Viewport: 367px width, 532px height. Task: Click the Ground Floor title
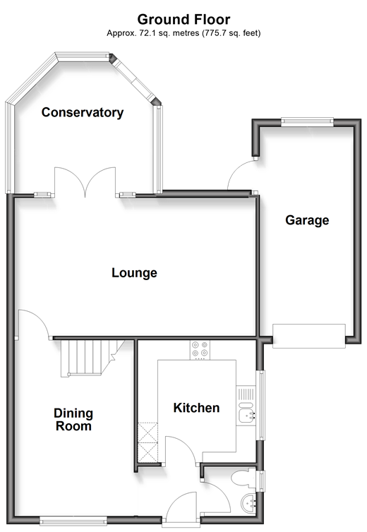183,20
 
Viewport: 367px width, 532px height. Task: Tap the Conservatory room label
83,112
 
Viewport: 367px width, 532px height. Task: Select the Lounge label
134,273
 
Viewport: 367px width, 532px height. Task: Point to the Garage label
307,220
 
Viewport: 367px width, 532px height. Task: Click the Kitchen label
197,408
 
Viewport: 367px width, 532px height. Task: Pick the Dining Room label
73,420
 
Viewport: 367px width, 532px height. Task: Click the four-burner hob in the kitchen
200,350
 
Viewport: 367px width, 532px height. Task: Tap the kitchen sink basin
246,415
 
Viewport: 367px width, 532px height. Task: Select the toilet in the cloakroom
243,478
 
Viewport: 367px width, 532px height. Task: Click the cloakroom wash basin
249,503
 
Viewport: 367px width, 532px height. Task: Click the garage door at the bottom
309,336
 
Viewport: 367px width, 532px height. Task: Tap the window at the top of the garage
307,122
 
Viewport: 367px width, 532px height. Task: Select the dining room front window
73,520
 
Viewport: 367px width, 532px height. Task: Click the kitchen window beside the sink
262,405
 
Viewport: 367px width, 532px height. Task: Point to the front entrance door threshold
181,521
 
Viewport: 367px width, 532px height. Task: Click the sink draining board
246,394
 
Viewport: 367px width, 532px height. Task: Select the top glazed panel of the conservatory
83,56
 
